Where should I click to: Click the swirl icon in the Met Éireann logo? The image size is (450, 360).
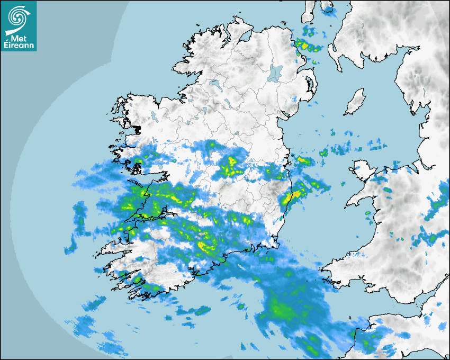coord(18,17)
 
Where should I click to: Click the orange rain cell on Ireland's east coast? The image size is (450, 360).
coord(287,199)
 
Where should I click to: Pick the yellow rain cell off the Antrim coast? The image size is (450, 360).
coord(304,44)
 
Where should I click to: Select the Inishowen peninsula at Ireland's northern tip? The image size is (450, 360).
coord(233,26)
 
